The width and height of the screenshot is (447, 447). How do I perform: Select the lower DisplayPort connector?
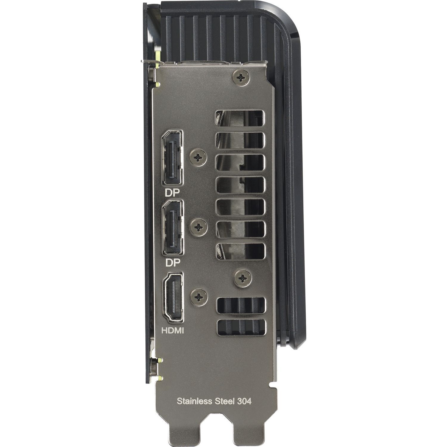pyautogui.click(x=173, y=228)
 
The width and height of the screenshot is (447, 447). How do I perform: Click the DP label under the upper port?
pyautogui.click(x=172, y=193)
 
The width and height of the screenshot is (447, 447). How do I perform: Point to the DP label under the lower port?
pyautogui.click(x=172, y=263)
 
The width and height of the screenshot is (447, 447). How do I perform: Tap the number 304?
pyautogui.click(x=244, y=401)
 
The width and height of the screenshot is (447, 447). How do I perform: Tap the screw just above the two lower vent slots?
pyautogui.click(x=243, y=278)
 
